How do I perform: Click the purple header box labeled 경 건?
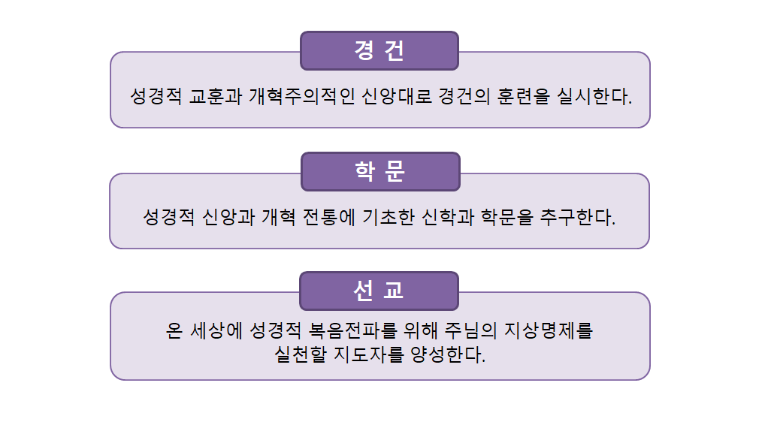tap(379, 51)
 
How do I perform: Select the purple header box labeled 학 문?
tap(380, 172)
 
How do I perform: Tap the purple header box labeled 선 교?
tap(379, 291)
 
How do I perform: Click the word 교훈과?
tap(216, 96)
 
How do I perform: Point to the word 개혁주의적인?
tap(302, 96)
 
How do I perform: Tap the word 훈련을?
tap(523, 96)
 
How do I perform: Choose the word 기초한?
tap(389, 217)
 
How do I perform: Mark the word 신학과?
tap(448, 217)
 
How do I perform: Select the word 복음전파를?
tap(352, 330)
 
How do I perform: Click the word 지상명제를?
tap(548, 330)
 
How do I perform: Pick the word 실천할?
tap(301, 354)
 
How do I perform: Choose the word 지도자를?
tap(369, 354)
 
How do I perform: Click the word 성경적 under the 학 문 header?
tap(169, 217)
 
